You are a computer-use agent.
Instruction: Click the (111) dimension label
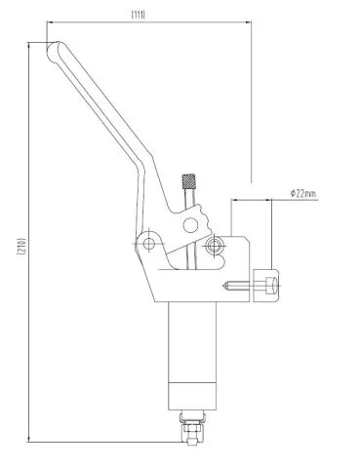139,15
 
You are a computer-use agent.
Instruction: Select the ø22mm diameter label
303,194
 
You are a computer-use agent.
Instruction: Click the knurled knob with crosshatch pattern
188,181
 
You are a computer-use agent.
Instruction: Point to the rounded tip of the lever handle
53,51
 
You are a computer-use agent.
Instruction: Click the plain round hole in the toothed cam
190,225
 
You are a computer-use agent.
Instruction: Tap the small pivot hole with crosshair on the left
149,244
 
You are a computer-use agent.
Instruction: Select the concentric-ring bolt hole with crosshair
214,245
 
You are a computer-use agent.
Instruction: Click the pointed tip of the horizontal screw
224,286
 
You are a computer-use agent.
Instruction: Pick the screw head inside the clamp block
272,286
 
